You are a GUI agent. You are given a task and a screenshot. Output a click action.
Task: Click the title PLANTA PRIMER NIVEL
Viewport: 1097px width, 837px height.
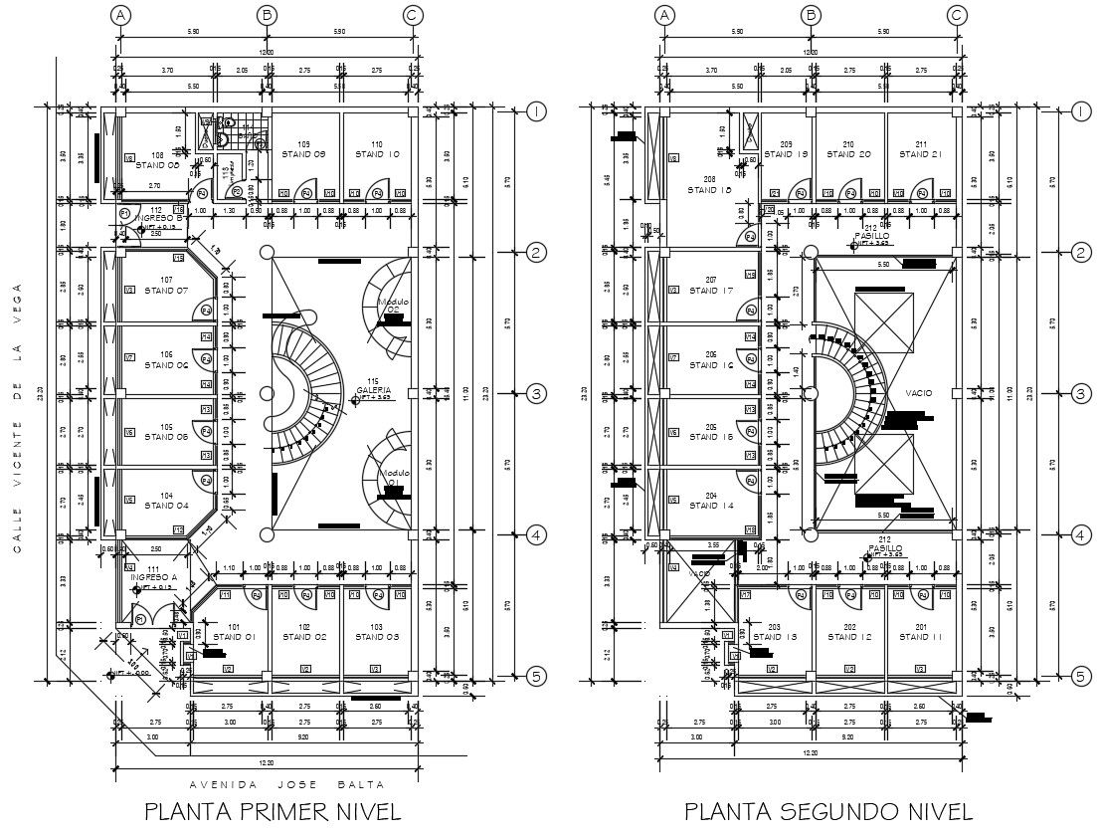(x=274, y=811)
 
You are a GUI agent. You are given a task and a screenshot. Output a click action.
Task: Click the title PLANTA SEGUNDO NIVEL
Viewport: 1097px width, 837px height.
(x=828, y=811)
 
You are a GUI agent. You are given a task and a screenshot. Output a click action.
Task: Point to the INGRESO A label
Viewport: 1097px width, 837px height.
(x=154, y=577)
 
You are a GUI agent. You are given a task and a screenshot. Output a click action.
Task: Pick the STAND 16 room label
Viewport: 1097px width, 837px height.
(x=711, y=365)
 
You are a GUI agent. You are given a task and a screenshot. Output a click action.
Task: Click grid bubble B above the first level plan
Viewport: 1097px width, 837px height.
(x=267, y=15)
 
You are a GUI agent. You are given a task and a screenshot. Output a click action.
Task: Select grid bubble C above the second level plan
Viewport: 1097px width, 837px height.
(x=957, y=15)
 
